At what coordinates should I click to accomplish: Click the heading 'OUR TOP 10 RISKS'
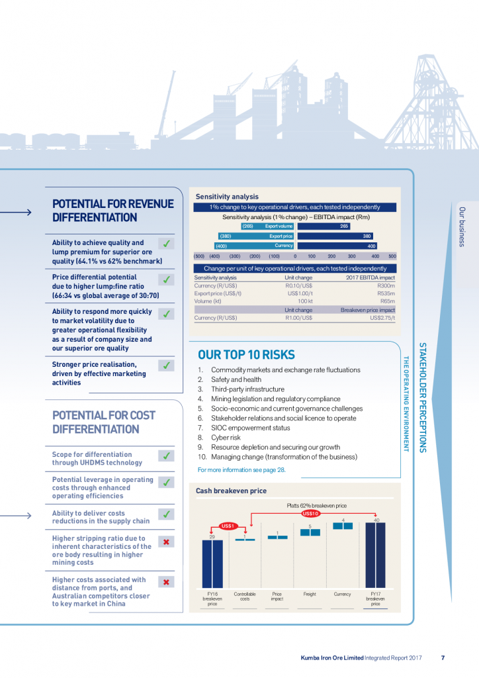coord(246,354)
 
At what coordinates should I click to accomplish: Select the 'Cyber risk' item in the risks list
coord(228,437)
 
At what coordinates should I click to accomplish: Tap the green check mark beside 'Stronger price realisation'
coord(167,365)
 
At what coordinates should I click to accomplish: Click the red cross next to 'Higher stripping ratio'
coord(167,542)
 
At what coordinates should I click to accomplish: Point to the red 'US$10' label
coord(311,513)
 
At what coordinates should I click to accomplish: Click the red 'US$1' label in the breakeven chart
coord(228,526)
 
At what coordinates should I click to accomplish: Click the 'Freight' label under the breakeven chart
coord(310,594)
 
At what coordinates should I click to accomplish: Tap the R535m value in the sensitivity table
coord(386,292)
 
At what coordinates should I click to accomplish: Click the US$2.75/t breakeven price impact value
coord(382,318)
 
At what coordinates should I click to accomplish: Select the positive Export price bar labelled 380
coord(335,236)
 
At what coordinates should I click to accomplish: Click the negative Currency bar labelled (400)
coord(255,246)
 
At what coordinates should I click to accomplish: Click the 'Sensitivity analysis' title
coord(227,197)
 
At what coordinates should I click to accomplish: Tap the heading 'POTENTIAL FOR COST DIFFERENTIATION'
coord(104,422)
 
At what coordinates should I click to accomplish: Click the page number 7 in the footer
coord(443,657)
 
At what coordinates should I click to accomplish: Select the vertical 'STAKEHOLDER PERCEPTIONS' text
coord(421,397)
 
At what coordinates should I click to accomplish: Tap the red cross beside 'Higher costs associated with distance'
coord(167,582)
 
